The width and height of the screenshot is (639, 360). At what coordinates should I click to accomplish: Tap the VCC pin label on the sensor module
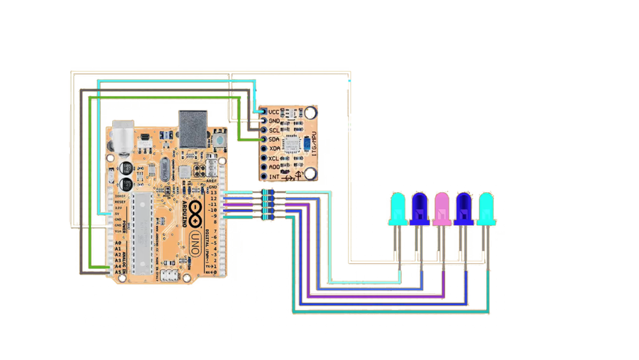point(273,112)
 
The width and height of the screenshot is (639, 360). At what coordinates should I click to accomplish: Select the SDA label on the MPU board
point(273,139)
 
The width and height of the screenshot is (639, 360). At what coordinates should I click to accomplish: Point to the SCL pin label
point(273,130)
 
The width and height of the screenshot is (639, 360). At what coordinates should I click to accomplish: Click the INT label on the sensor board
point(273,177)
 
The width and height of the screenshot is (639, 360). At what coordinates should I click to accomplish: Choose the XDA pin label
point(273,149)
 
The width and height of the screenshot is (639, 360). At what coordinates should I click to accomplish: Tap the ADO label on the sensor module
point(273,168)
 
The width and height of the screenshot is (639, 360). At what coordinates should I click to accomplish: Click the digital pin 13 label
point(214,193)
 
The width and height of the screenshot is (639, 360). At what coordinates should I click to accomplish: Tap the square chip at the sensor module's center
point(289,144)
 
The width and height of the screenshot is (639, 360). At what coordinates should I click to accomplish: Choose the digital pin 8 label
point(214,222)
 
